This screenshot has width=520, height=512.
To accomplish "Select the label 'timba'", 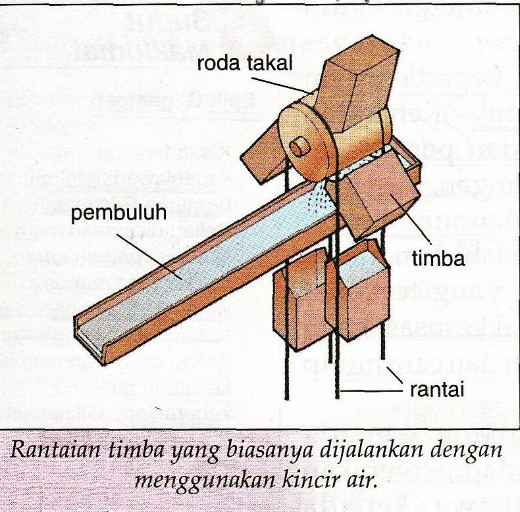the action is (x=439, y=258).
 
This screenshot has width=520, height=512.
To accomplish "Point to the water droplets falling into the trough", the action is (x=321, y=196).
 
